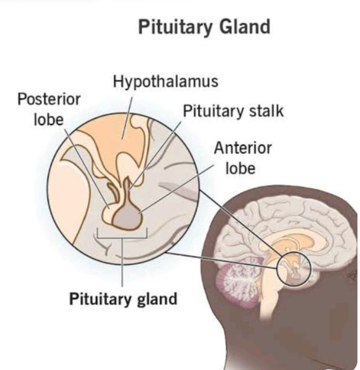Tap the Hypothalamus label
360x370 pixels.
(x=166, y=82)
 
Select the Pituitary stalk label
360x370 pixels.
(x=233, y=111)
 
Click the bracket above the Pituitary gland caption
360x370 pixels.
(x=122, y=236)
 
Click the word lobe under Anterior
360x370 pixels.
(x=240, y=168)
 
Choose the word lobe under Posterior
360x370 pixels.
(x=49, y=120)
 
